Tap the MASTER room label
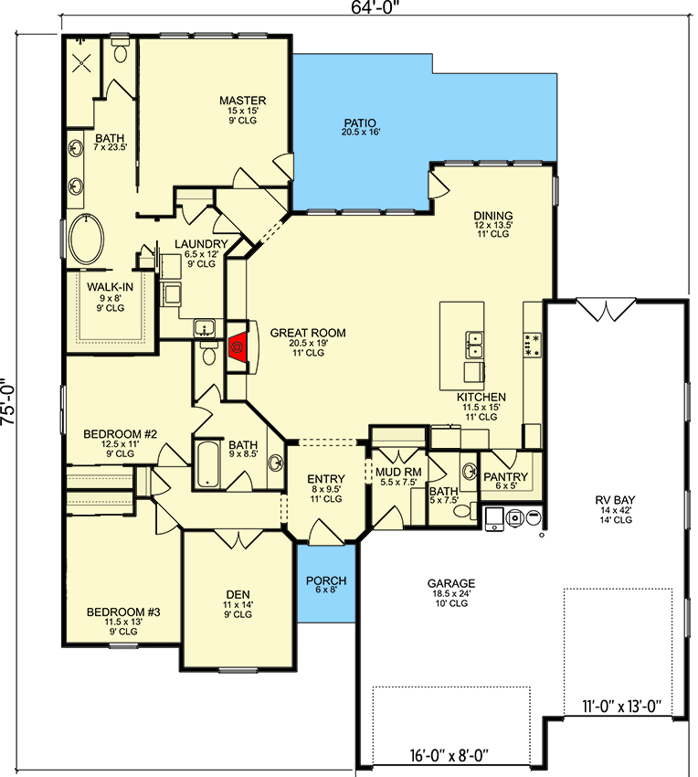[243, 101]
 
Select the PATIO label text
[360, 122]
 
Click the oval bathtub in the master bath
[87, 239]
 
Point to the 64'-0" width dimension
[375, 7]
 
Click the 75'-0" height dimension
[8, 402]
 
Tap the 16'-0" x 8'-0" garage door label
[449, 756]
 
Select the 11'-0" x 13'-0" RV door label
[621, 706]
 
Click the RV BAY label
[615, 500]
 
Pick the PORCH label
[326, 580]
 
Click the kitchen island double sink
[474, 345]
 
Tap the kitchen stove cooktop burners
[533, 345]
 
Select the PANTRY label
[506, 476]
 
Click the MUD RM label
[398, 473]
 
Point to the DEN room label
[238, 595]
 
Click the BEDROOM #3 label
[123, 612]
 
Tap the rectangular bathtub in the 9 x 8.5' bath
[206, 463]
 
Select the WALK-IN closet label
[110, 287]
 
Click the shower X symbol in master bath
[80, 63]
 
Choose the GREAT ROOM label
[308, 333]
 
